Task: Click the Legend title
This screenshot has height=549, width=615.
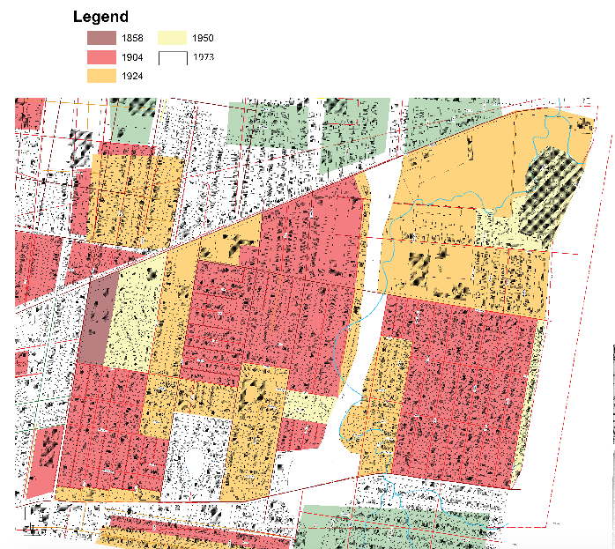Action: (x=100, y=17)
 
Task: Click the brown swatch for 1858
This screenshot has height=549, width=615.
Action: (x=100, y=38)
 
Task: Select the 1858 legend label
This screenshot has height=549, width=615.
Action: (x=133, y=38)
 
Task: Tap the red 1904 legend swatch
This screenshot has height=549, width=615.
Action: (x=100, y=57)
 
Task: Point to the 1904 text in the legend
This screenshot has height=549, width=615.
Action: (x=133, y=57)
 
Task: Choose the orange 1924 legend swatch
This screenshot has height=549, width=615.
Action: (x=100, y=77)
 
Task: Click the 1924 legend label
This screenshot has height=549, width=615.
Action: (x=133, y=77)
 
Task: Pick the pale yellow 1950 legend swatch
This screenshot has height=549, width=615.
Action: (x=172, y=38)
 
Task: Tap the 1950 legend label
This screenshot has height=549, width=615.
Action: (x=204, y=38)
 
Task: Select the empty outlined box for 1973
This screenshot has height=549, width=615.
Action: (x=172, y=57)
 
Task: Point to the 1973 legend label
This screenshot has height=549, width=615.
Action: (x=204, y=57)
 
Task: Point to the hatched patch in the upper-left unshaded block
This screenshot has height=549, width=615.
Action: (x=80, y=146)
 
